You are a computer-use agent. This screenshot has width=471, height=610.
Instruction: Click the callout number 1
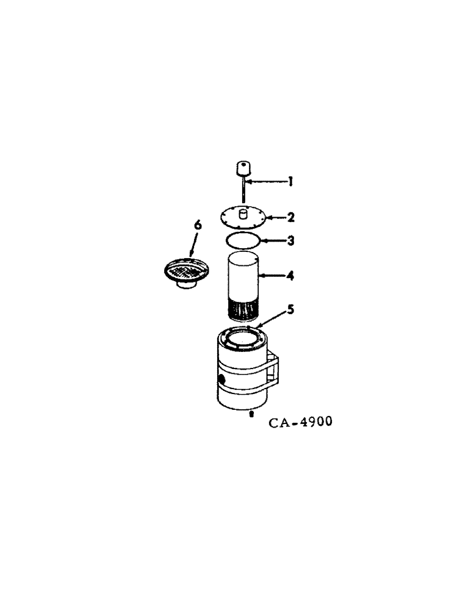point(291,181)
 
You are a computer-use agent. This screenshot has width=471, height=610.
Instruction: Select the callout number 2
point(291,217)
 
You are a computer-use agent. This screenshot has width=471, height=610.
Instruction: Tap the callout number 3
point(291,240)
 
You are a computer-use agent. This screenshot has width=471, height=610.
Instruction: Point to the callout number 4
point(291,276)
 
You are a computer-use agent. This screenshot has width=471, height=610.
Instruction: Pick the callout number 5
point(290,309)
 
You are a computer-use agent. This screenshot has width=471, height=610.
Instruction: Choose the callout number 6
point(197,225)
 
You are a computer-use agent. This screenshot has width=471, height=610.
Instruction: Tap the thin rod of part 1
point(243,192)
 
